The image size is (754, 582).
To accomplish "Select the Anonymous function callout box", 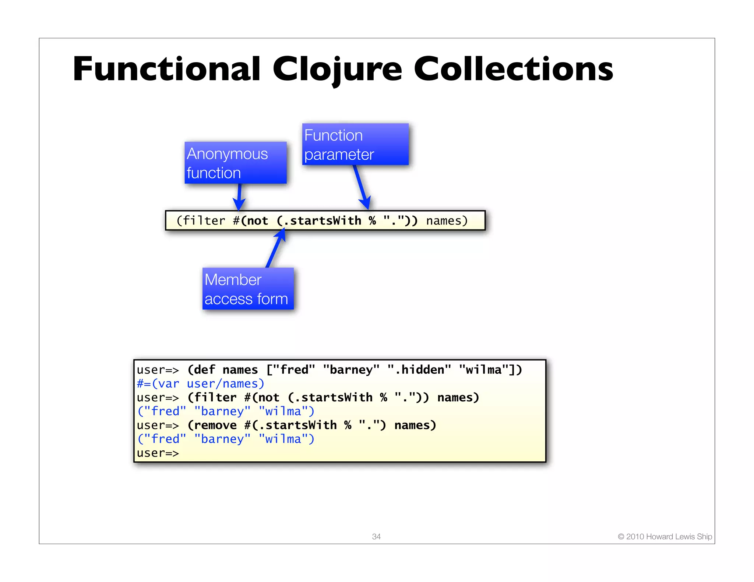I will point(235,163).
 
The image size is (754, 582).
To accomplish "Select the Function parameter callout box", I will point(355,144).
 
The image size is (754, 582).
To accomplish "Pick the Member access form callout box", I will point(248,289).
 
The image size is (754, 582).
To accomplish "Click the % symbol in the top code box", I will point(372,221).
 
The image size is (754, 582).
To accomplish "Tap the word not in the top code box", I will point(258,221).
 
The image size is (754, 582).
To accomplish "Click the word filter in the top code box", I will point(204,221).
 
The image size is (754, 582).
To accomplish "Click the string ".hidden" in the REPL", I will point(419,370).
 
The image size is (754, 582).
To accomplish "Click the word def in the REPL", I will point(204,370).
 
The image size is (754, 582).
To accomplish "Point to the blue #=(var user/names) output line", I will point(201,384).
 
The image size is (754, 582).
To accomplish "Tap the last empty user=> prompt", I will point(158,453).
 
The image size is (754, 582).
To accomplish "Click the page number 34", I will point(376,536).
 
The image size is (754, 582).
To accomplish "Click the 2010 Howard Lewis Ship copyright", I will point(665,536).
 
